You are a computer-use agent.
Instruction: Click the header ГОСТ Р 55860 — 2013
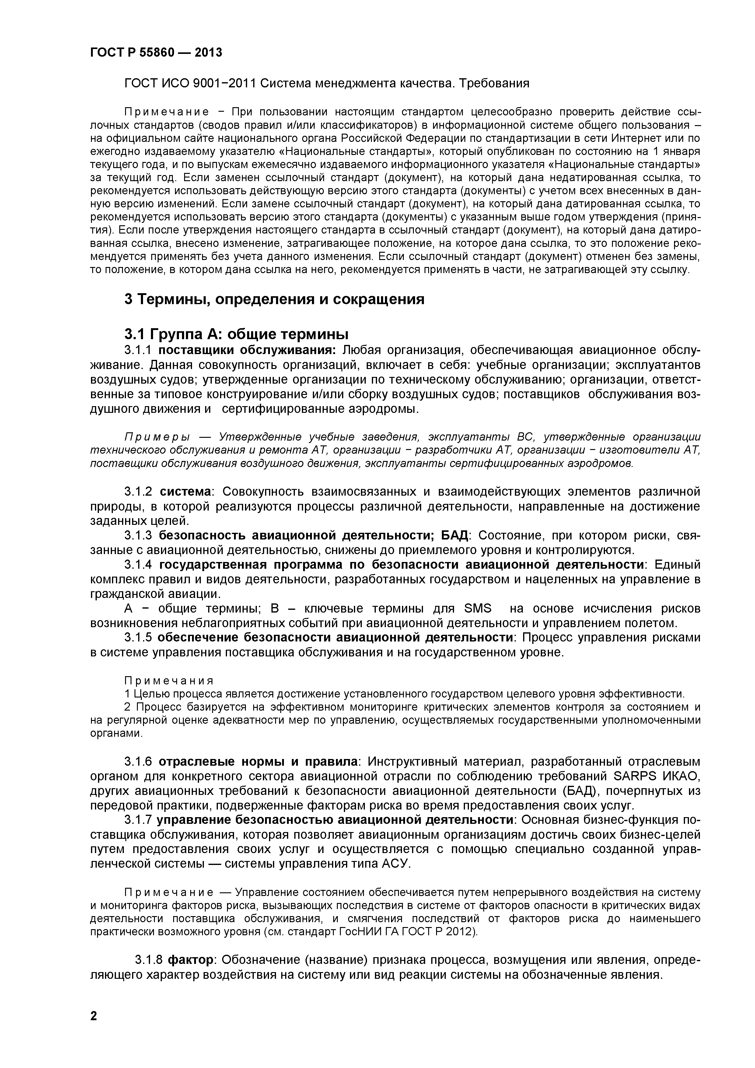[156, 53]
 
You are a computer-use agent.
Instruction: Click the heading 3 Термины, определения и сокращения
[274, 299]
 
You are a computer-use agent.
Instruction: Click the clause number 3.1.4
[138, 565]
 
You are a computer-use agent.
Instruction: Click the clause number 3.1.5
[138, 637]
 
